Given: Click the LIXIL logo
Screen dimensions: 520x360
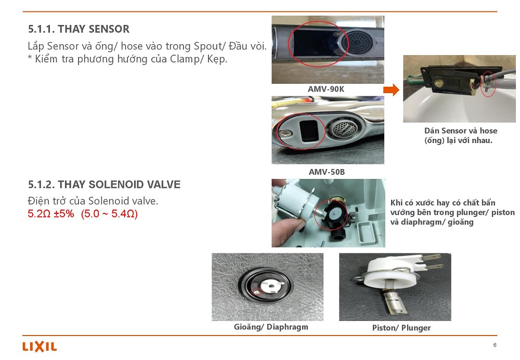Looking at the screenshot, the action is pos(40,346).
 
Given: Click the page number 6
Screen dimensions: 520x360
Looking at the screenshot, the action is pos(495,345).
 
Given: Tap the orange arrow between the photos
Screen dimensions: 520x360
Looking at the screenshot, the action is pos(392,89).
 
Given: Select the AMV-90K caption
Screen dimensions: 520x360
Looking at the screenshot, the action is pos(326,89).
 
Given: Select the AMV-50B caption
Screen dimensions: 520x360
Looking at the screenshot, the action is pos(327,172).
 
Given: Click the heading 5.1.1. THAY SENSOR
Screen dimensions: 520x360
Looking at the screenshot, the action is pos(79,29).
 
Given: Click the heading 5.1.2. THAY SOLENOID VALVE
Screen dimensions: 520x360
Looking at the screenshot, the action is pos(104,184).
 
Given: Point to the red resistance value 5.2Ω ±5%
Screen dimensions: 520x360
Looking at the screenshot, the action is pos(51,213).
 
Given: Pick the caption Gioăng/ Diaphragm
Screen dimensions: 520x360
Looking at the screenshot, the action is pos(271,327).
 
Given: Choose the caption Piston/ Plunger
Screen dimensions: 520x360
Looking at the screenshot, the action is pos(401,328).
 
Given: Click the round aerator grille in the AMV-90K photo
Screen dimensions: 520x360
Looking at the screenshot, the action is pos(358,43).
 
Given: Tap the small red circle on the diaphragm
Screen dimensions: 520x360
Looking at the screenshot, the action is pos(257,292).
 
